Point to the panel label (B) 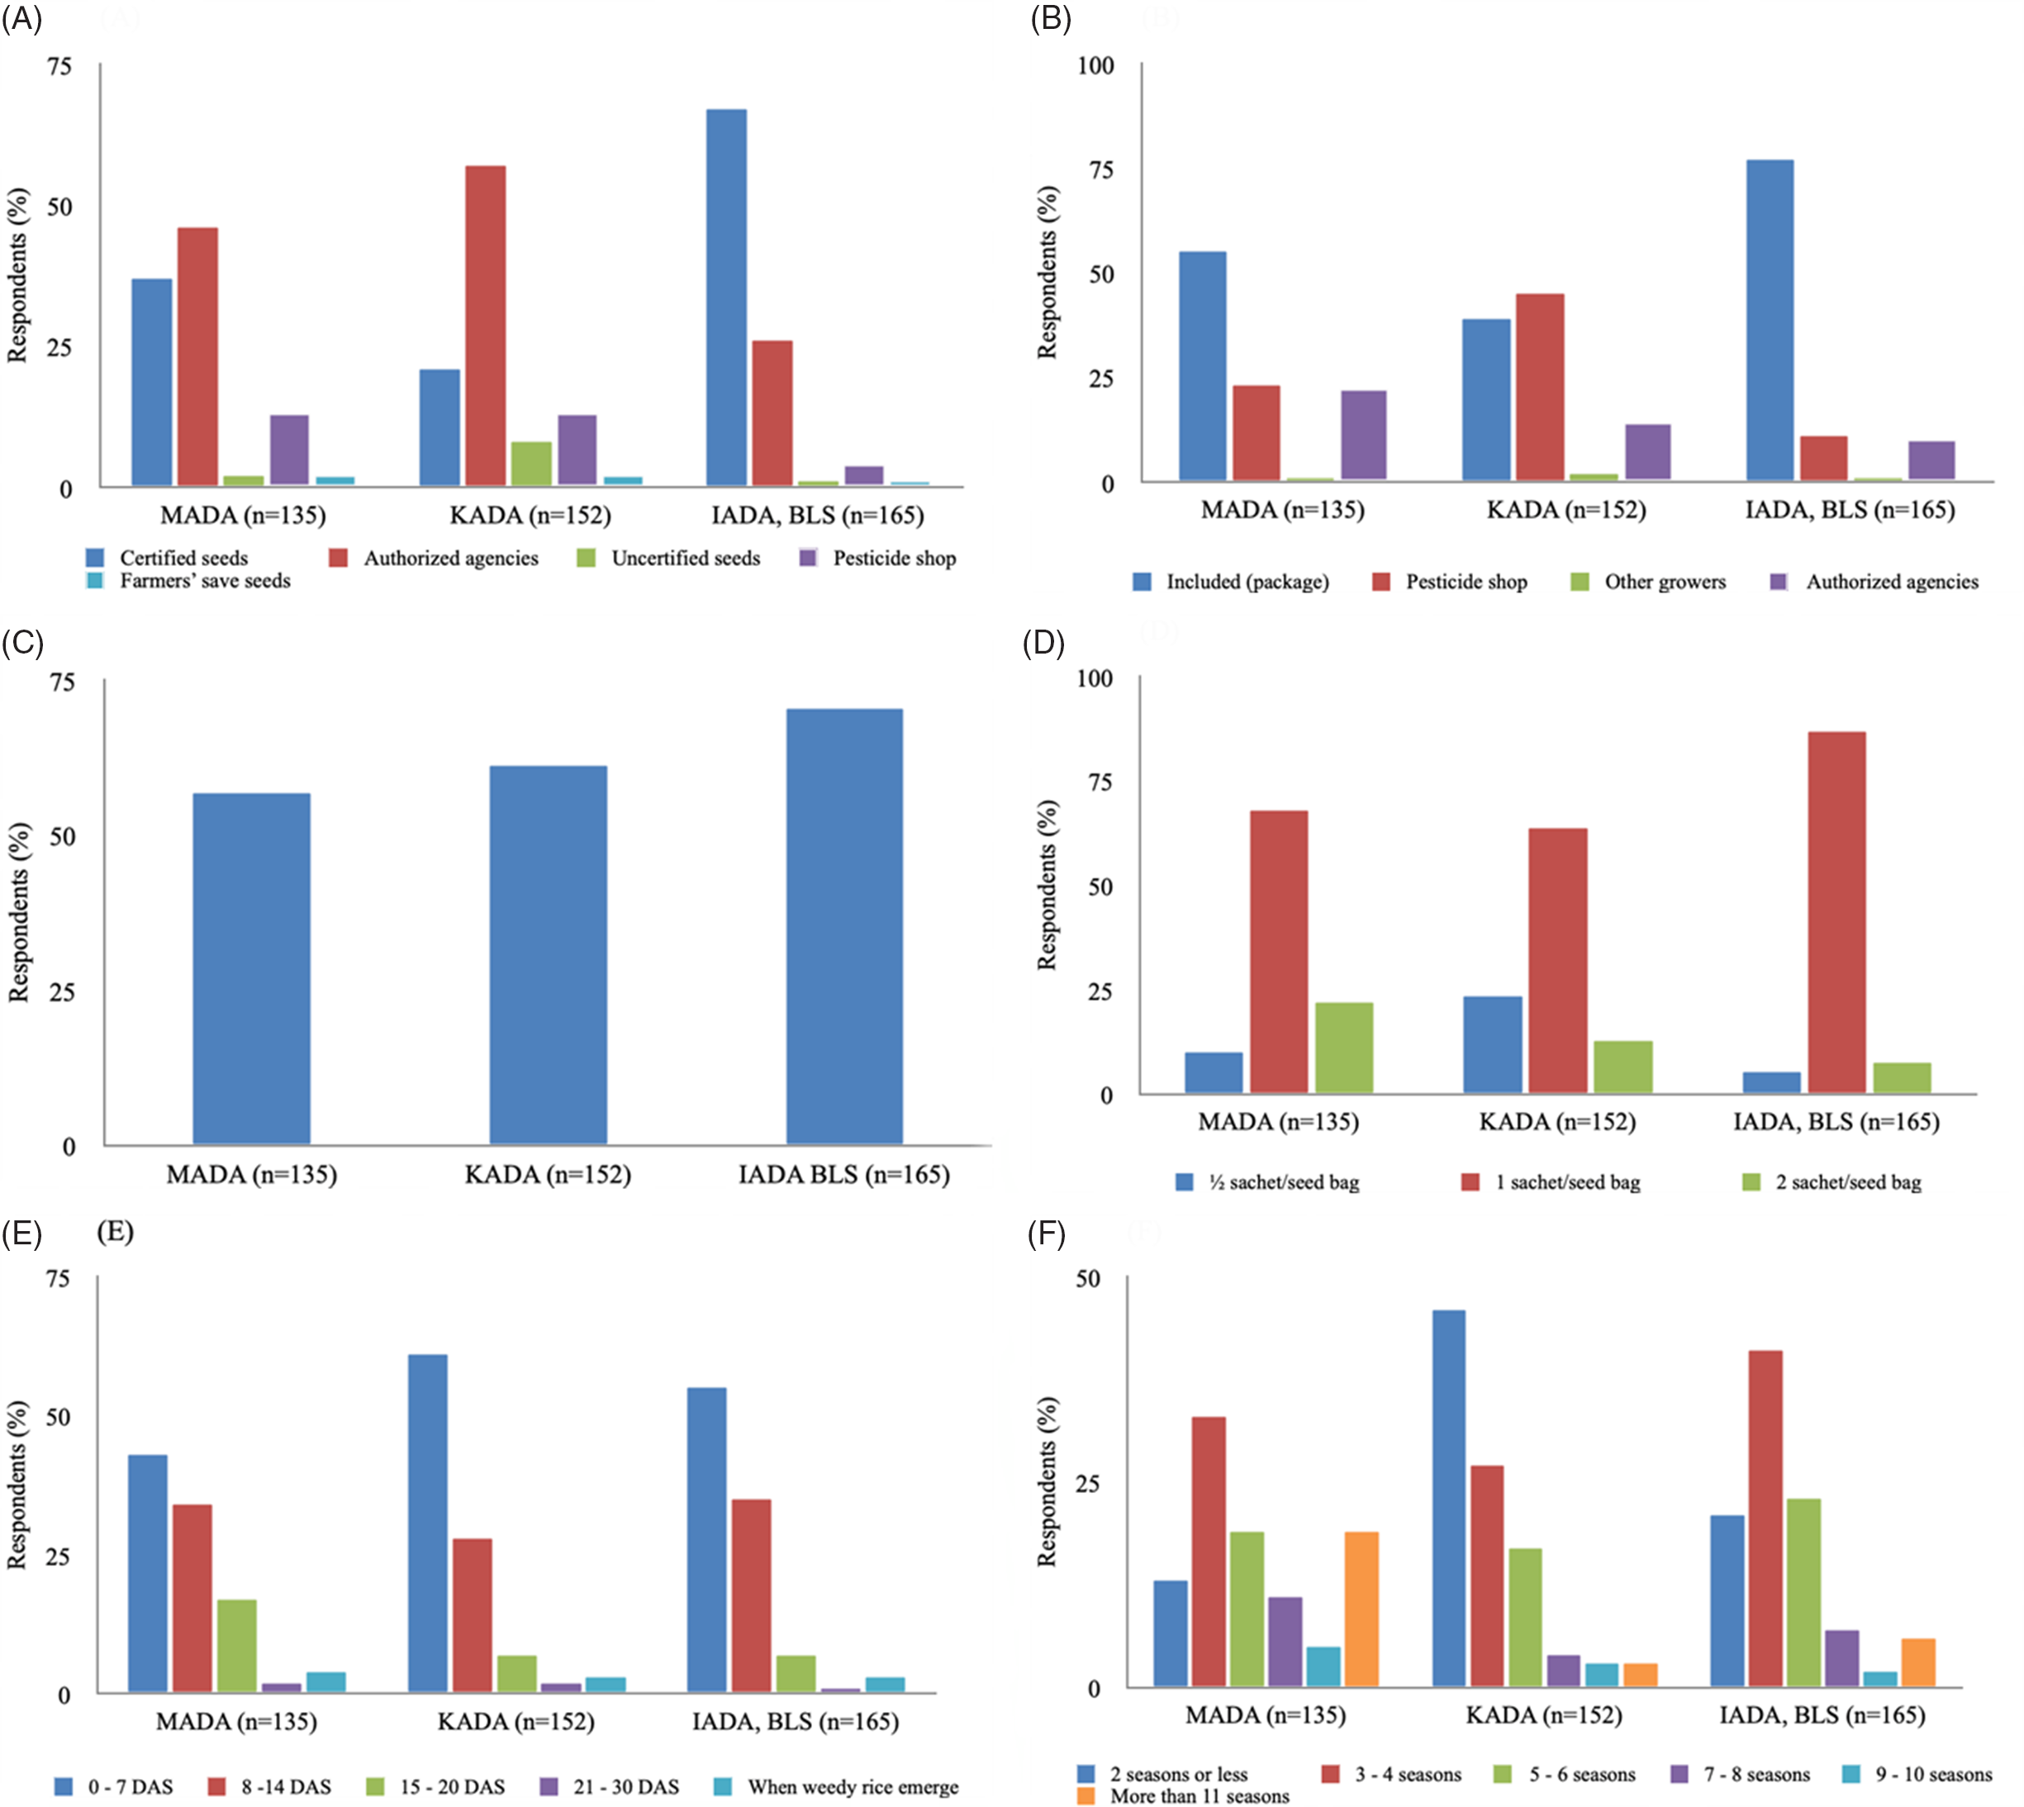pyautogui.click(x=1050, y=19)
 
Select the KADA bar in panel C pyautogui.click(x=548, y=954)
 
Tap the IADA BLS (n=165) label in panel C pyautogui.click(x=843, y=1175)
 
